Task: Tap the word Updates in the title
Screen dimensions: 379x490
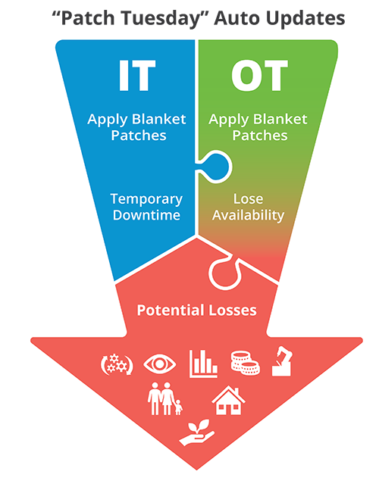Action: point(305,19)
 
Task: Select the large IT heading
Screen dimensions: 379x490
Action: point(136,75)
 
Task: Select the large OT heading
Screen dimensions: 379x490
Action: point(259,75)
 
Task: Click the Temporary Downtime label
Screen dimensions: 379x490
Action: point(146,207)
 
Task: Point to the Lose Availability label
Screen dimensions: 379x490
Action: point(249,208)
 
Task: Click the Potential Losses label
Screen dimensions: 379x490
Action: point(196,310)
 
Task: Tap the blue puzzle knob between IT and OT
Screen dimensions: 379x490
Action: point(216,167)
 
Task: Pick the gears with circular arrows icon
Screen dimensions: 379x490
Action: point(117,364)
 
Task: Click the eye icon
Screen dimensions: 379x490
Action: point(159,364)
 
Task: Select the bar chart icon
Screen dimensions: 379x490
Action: point(203,364)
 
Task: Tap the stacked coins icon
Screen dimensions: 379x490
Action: point(245,363)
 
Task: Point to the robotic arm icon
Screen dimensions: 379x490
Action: point(282,361)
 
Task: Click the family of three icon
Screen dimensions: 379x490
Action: point(164,398)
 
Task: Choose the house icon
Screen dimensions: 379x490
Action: point(228,400)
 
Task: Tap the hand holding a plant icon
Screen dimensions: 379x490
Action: point(196,432)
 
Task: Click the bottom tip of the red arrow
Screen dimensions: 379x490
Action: point(196,470)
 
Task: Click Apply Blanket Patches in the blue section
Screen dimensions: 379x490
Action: point(136,127)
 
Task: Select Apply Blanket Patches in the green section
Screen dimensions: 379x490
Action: point(258,127)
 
